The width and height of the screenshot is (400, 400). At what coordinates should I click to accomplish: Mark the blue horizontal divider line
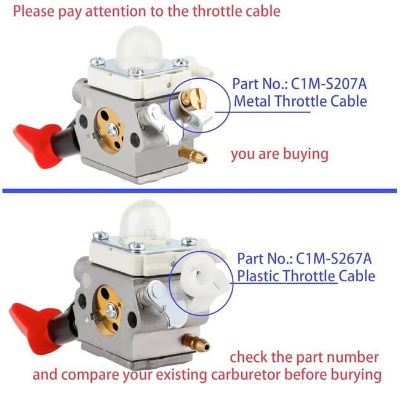[199, 191]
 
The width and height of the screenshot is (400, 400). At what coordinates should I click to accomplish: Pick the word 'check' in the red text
[251, 357]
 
